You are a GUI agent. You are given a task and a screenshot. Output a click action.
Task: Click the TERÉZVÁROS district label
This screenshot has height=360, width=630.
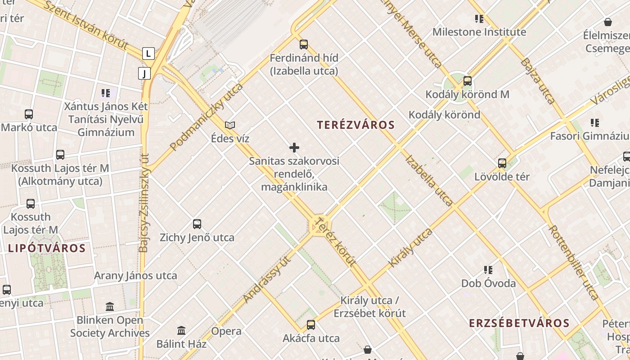click(x=355, y=125)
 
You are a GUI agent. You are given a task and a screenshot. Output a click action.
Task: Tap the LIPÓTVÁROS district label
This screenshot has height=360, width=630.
click(x=46, y=248)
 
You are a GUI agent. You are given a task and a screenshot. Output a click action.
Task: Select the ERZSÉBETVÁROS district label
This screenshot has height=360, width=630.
click(x=519, y=323)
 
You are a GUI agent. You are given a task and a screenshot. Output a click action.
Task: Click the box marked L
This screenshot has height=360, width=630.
click(x=148, y=54)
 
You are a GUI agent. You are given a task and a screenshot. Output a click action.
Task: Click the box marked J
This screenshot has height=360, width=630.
click(x=144, y=73)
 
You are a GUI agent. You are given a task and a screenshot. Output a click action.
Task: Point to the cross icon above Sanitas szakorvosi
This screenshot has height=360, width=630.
click(x=294, y=148)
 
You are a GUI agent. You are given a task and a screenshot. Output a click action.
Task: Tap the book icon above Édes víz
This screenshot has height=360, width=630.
click(x=230, y=125)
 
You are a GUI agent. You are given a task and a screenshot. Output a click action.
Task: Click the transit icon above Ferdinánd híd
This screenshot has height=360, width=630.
click(x=304, y=44)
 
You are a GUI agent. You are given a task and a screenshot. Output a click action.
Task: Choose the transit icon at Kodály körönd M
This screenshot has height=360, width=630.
click(x=468, y=81)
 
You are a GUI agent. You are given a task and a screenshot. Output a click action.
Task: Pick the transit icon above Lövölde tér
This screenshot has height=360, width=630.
click(x=502, y=163)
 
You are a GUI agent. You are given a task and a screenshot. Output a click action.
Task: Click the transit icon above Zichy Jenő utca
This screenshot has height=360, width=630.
click(x=197, y=224)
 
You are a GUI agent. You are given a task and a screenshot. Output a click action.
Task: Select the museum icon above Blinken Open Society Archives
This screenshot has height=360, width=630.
click(x=110, y=307)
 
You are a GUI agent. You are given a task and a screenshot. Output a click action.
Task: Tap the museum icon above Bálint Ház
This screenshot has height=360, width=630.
click(x=181, y=331)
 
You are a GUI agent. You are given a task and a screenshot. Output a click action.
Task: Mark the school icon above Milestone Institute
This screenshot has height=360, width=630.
click(x=479, y=19)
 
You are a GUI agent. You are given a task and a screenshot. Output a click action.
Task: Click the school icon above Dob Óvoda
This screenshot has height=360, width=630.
click(x=488, y=270)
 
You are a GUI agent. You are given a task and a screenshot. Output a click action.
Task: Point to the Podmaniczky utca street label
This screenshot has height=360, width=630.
click(x=207, y=117)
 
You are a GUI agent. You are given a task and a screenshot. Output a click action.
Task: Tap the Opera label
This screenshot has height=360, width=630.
click(x=226, y=332)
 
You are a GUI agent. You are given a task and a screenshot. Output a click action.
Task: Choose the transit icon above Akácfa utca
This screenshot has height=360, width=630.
click(x=311, y=324)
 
